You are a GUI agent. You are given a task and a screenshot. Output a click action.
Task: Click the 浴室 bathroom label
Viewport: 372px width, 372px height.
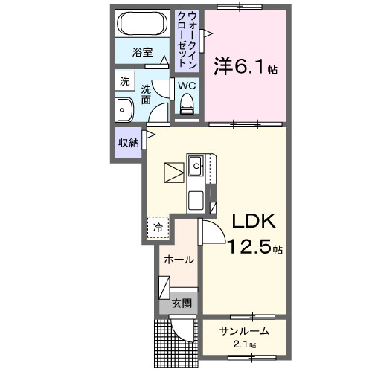pos(143,52)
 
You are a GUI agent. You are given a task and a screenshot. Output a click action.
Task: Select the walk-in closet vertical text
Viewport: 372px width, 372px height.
pos(187,39)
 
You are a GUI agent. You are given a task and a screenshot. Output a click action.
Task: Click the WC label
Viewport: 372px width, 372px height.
pos(186,85)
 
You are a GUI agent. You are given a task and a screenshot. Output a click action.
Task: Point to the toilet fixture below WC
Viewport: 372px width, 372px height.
pos(186,105)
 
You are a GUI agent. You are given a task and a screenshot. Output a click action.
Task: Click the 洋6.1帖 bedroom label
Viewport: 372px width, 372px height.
pos(245,67)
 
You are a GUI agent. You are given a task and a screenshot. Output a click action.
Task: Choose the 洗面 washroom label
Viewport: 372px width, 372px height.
pos(147,94)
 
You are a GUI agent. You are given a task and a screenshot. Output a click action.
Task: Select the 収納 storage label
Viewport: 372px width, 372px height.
pos(129,143)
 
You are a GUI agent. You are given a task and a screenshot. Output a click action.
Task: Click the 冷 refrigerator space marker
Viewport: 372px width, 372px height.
pos(157,228)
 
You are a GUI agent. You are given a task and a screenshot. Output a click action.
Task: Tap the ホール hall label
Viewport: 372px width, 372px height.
pos(179,260)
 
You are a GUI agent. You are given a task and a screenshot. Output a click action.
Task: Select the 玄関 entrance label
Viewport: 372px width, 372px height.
pos(181,303)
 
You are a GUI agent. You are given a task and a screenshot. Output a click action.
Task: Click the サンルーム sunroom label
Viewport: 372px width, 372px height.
pos(244,332)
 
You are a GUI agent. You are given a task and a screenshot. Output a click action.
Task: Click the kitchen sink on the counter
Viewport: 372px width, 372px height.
pos(198,165)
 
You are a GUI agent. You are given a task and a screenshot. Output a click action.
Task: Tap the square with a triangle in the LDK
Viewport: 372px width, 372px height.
pos(175,173)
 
